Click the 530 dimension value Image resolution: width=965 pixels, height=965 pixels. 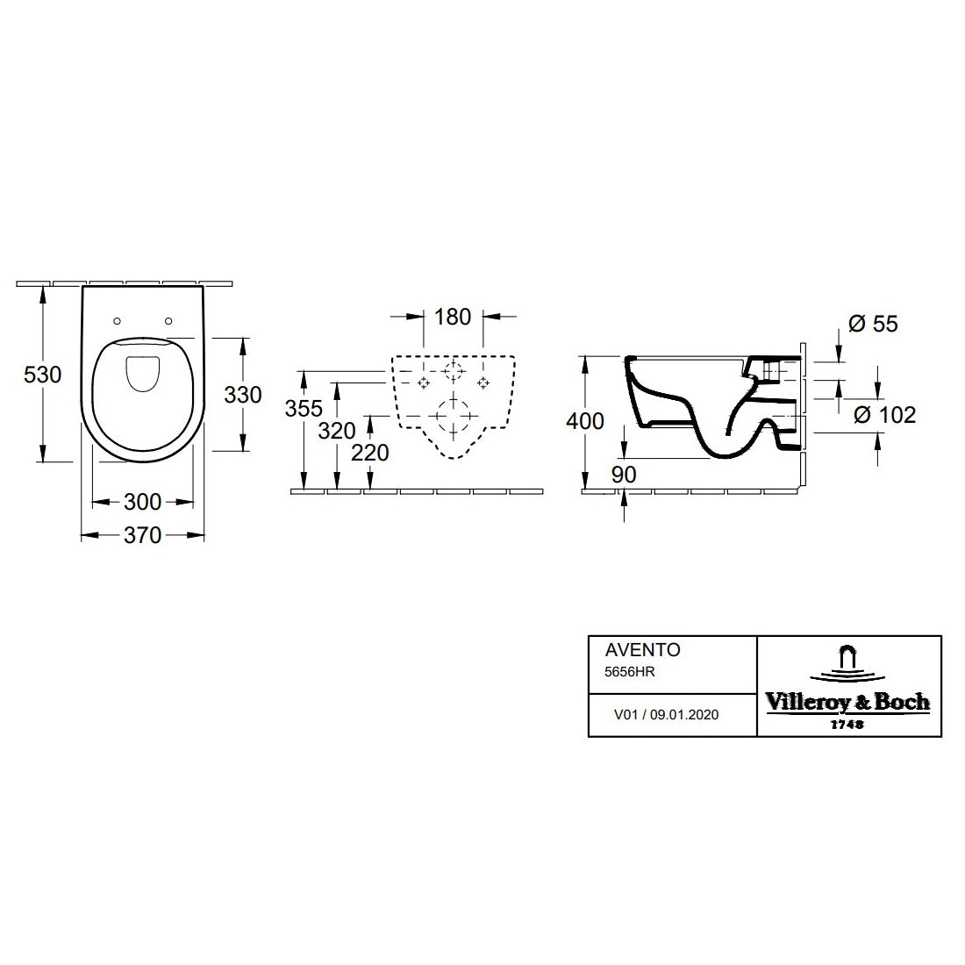(x=42, y=375)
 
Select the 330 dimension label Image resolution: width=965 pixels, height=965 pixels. (x=242, y=395)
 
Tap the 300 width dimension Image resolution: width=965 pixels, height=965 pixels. (x=142, y=502)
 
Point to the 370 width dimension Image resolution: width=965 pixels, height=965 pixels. (x=142, y=534)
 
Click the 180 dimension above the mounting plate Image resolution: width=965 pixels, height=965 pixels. (x=453, y=317)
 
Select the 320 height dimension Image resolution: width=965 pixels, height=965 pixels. (x=337, y=431)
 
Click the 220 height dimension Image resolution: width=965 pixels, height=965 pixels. (x=369, y=452)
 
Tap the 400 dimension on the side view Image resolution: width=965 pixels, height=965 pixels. (x=585, y=421)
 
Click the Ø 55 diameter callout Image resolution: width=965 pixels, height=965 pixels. (x=874, y=324)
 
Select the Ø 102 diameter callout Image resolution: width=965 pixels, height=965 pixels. (x=885, y=414)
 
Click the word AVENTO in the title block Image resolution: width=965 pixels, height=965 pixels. (x=643, y=651)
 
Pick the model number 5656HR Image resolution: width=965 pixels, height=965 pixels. (x=631, y=671)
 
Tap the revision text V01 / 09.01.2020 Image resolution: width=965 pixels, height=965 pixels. (x=666, y=715)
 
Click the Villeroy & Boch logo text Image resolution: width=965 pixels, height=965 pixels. (x=847, y=702)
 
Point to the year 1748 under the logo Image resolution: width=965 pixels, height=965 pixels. (x=847, y=725)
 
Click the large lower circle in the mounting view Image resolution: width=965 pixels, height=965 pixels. (x=453, y=417)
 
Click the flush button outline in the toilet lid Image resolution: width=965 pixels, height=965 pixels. (x=143, y=375)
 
